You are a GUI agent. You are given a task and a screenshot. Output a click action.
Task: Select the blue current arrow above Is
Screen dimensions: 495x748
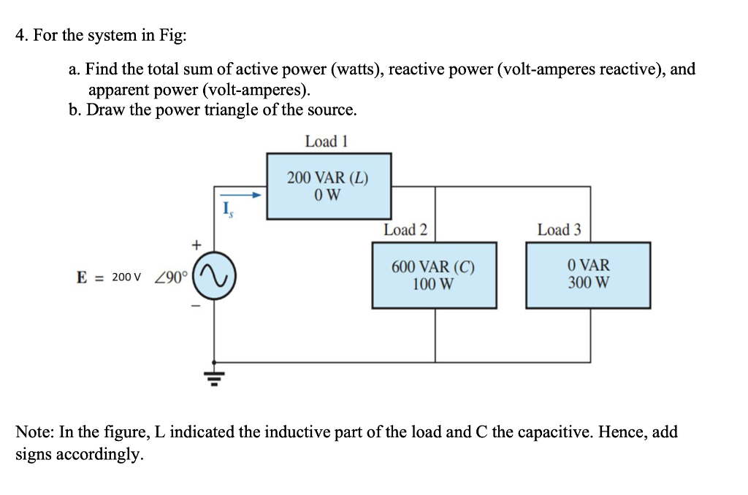(245, 196)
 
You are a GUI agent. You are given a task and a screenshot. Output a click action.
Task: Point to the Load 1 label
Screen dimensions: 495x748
(326, 141)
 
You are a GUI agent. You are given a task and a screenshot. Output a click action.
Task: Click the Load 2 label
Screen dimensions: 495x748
(405, 230)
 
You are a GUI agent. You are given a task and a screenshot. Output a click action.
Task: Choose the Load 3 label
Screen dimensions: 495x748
(559, 230)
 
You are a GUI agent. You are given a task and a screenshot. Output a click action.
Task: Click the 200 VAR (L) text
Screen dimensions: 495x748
(328, 178)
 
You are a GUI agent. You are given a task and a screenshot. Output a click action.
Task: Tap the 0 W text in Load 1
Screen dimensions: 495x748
(328, 195)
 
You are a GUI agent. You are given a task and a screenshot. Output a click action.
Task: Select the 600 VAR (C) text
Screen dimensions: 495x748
(433, 266)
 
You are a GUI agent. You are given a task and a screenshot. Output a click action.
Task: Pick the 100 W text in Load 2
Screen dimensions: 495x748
(433, 283)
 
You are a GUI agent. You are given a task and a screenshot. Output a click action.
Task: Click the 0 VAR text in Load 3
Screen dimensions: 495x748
(588, 266)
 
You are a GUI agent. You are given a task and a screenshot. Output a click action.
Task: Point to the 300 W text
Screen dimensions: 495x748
(588, 283)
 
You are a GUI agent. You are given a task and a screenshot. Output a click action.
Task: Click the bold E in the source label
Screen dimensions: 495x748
(83, 277)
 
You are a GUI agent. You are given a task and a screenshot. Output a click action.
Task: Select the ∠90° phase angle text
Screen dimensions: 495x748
(172, 277)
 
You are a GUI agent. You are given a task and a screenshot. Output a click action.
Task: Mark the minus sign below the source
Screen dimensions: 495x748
(195, 307)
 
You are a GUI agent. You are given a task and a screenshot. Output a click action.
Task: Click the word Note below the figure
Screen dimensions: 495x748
(34, 431)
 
